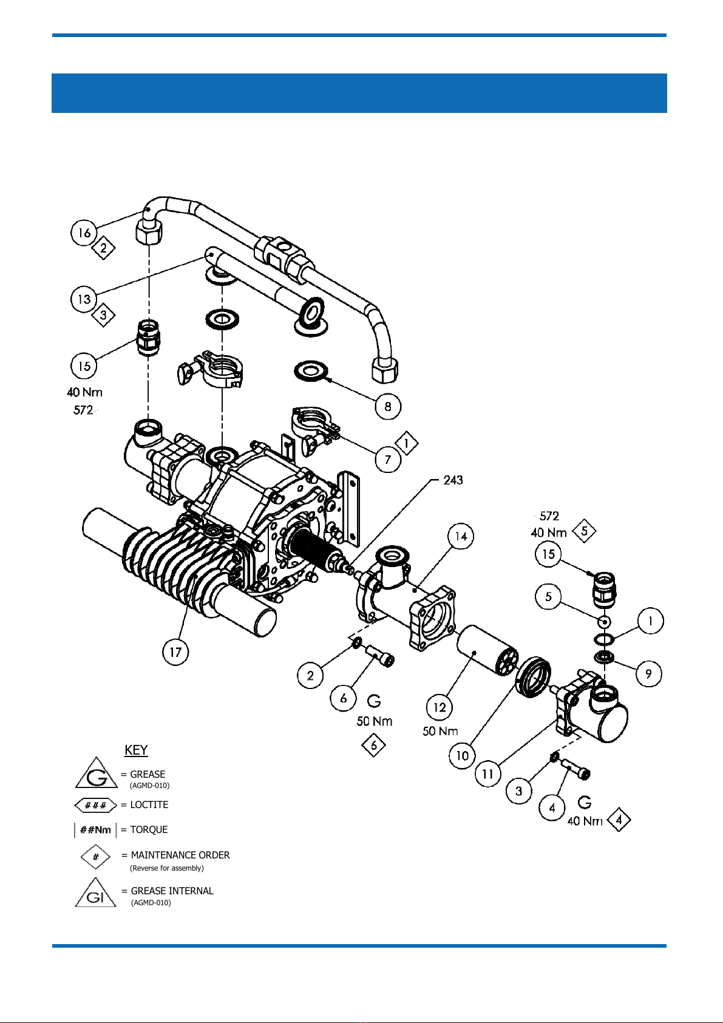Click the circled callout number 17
176,651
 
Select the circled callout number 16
84,233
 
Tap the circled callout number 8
388,406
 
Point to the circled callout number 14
461,536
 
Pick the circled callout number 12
440,707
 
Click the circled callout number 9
648,673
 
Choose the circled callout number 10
462,755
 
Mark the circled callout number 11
488,773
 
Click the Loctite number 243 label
453,480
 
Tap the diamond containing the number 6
373,745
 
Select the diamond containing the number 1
406,443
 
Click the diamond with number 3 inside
103,314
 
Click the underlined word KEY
136,750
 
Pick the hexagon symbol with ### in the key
95,804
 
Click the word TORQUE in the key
149,829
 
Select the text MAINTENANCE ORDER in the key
180,855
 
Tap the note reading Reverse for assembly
167,868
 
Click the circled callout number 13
84,299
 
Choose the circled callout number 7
388,459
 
